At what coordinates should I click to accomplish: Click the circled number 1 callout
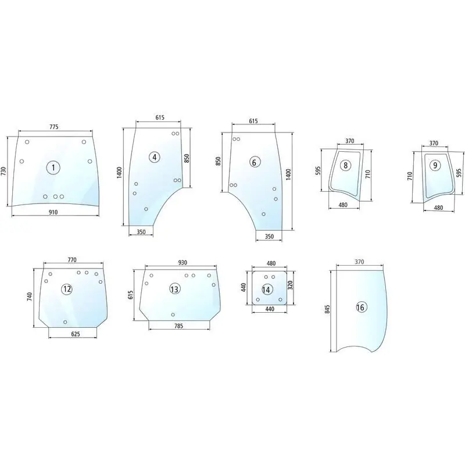pyautogui.click(x=53, y=168)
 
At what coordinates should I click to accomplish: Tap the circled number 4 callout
pyautogui.click(x=155, y=157)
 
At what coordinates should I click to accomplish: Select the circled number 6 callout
pyautogui.click(x=254, y=162)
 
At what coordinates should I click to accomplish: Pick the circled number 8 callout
pyautogui.click(x=345, y=165)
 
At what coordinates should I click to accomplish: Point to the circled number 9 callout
pyautogui.click(x=435, y=165)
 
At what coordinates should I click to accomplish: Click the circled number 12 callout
pyautogui.click(x=67, y=289)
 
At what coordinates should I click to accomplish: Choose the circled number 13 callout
pyautogui.click(x=175, y=288)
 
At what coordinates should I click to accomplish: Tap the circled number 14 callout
pyautogui.click(x=266, y=289)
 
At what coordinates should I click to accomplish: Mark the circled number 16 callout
pyautogui.click(x=361, y=307)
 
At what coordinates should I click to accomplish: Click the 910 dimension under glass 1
pyautogui.click(x=53, y=212)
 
